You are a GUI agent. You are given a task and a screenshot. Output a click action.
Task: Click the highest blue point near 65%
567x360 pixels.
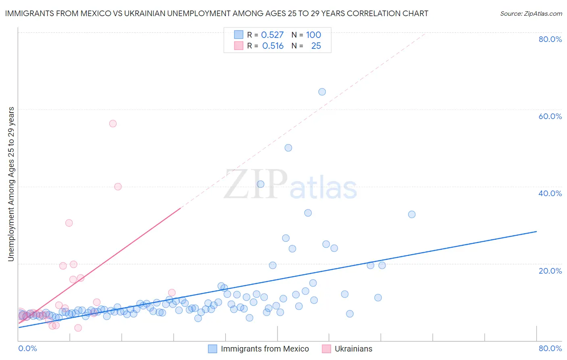[322, 92]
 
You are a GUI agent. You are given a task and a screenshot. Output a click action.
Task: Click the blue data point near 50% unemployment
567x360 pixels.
[288, 148]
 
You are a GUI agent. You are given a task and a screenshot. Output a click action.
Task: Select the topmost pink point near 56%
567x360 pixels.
[113, 123]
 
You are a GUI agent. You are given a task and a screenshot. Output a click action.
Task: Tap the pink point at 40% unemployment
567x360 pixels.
[118, 186]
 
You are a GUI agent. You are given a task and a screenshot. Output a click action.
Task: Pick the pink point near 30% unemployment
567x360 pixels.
[69, 223]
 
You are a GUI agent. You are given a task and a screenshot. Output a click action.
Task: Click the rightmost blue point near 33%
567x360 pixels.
[411, 214]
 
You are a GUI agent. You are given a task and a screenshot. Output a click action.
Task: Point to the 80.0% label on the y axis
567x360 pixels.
[550, 39]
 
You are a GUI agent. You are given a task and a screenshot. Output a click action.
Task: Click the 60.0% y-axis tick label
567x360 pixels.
[550, 116]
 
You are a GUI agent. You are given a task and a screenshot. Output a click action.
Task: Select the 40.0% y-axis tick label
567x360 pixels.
[550, 193]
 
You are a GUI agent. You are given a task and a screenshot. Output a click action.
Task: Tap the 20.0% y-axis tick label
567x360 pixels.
[550, 270]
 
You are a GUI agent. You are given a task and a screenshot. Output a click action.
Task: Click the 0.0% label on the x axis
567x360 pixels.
[27, 348]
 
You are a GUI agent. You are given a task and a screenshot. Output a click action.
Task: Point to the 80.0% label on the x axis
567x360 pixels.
[550, 348]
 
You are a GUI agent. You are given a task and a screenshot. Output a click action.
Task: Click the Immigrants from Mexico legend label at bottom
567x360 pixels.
[265, 349]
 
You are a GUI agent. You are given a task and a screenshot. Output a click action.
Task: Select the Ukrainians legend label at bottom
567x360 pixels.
[353, 349]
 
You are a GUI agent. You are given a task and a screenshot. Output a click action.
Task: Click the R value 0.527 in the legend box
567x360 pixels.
[272, 35]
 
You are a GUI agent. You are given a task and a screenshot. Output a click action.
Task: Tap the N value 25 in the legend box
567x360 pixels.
[316, 46]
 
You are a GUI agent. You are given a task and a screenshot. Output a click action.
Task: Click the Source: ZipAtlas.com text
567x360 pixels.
[531, 13]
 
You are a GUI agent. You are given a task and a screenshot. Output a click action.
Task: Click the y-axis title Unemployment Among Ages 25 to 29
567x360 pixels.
[11, 184]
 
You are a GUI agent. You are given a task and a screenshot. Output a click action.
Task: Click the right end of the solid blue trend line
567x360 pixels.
[536, 231]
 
